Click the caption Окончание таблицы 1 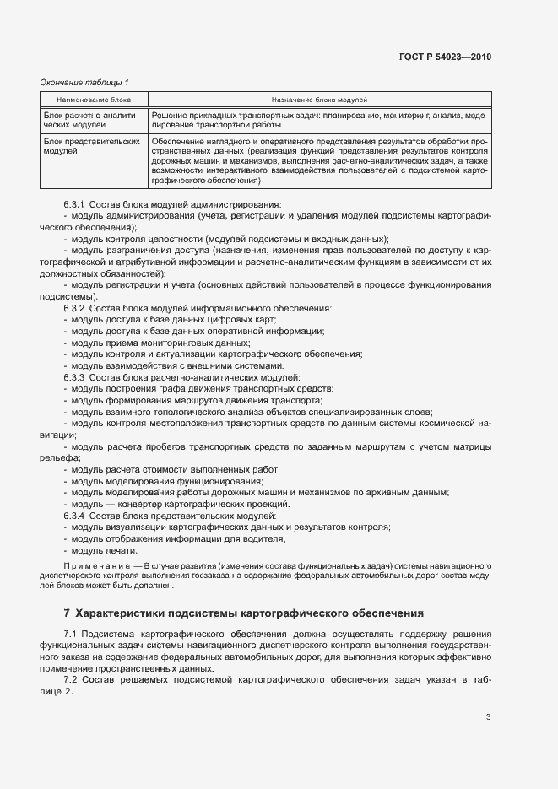(84, 82)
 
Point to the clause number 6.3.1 (74, 204)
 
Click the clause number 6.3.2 (74, 309)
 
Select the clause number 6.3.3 (74, 377)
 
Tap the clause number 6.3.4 (74, 515)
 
